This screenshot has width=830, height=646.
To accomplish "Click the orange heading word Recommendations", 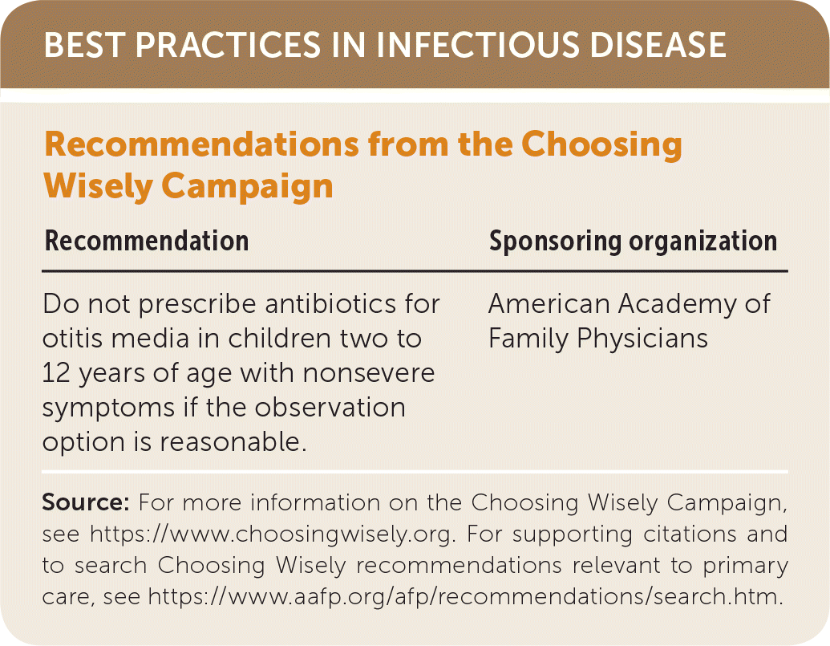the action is pyautogui.click(x=201, y=144).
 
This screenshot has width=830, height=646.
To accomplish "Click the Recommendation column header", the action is pyautogui.click(x=147, y=241).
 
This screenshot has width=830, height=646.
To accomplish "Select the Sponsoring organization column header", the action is pyautogui.click(x=633, y=242).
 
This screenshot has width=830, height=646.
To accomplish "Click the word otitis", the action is pyautogui.click(x=73, y=339).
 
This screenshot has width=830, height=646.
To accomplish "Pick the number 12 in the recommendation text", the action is pyautogui.click(x=56, y=373).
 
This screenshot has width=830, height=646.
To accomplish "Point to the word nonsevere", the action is pyautogui.click(x=369, y=373).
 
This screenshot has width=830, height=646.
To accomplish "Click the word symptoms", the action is pyautogui.click(x=108, y=408).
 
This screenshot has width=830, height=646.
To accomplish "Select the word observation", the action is pyautogui.click(x=330, y=408).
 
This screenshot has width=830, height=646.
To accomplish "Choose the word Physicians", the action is pyautogui.click(x=642, y=339).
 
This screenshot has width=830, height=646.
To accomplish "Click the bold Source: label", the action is pyautogui.click(x=86, y=502).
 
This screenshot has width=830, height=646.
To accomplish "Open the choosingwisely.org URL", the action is pyautogui.click(x=273, y=534).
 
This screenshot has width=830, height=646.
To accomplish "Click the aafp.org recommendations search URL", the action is pyautogui.click(x=465, y=596).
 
